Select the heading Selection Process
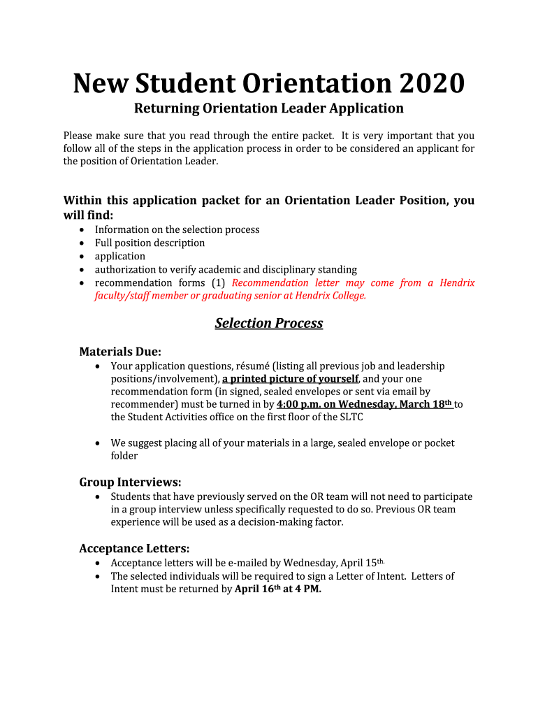pyautogui.click(x=269, y=323)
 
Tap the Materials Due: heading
pyautogui.click(x=120, y=351)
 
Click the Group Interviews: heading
pyautogui.click(x=130, y=482)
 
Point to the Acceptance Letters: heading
pyautogui.click(x=134, y=548)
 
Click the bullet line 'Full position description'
pyautogui.click(x=150, y=243)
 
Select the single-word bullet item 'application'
pyautogui.click(x=120, y=256)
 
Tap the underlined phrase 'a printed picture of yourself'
pyautogui.click(x=290, y=378)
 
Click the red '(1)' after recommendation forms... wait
pyautogui.click(x=218, y=282)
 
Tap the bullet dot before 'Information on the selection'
pyautogui.click(x=83, y=229)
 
